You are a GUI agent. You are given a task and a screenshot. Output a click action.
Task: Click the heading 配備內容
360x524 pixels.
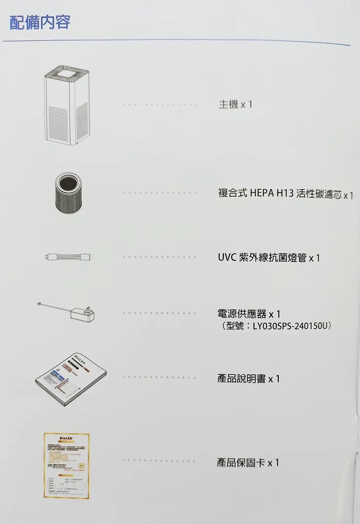coord(40,22)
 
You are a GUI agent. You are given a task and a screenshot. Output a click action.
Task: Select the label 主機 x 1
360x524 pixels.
coord(235,105)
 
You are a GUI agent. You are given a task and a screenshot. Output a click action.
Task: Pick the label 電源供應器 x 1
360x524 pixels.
coord(249,314)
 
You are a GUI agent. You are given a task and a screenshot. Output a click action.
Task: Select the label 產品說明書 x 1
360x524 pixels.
coord(248,379)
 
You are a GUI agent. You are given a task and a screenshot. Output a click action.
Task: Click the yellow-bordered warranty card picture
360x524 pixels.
coord(66,465)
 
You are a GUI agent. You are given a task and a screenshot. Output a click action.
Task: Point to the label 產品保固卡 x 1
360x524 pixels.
coord(248,463)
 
